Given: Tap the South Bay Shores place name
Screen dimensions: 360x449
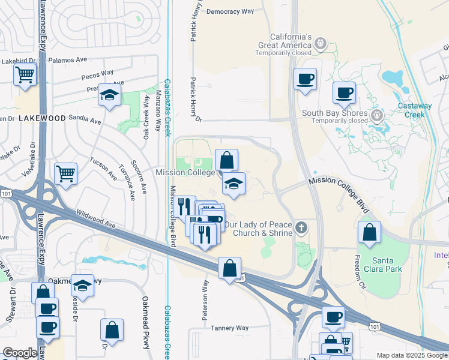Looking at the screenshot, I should click(334, 113).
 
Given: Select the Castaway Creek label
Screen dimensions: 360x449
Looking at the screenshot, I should click(418, 110).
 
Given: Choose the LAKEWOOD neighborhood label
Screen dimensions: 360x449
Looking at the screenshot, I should click(42, 118).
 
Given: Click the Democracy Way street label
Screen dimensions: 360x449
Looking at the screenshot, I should click(230, 11).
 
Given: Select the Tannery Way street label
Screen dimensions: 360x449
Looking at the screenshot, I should click(229, 328).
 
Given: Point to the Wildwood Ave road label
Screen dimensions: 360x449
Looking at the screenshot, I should click(95, 218).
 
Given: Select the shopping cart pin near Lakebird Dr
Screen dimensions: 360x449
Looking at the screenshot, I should click(25, 75).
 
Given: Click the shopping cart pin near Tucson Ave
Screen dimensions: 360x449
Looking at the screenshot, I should click(65, 174).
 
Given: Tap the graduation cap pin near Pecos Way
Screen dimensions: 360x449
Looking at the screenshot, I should click(110, 95).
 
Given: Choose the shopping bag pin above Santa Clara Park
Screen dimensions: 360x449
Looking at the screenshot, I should click(369, 232).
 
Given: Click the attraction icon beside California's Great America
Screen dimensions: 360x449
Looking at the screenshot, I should click(321, 43).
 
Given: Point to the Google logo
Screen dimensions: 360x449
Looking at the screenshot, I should click(19, 353).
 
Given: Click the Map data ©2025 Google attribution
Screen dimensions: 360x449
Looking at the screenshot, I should click(411, 355).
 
